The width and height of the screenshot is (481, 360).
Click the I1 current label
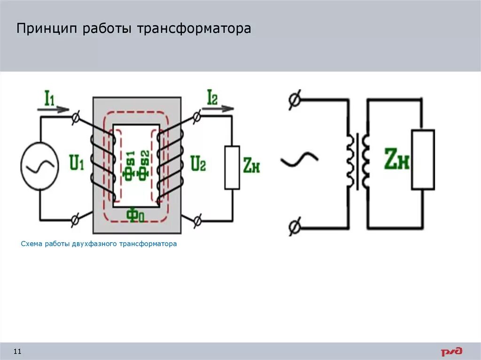click(x=49, y=98)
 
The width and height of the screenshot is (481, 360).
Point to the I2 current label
click(x=212, y=97)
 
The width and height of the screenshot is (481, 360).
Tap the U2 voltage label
click(x=198, y=163)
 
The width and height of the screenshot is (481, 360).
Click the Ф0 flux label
click(x=135, y=215)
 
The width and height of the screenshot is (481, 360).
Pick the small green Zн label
click(x=252, y=165)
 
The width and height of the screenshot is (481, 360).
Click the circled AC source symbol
click(x=39, y=167)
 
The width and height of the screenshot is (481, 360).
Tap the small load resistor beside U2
click(x=232, y=168)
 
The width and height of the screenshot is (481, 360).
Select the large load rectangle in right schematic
click(x=423, y=160)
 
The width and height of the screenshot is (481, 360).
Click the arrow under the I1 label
click(x=53, y=109)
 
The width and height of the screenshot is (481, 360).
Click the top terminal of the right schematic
click(x=295, y=100)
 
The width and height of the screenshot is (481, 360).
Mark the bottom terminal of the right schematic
click(x=295, y=228)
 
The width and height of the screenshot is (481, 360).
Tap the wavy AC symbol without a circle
click(x=299, y=160)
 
